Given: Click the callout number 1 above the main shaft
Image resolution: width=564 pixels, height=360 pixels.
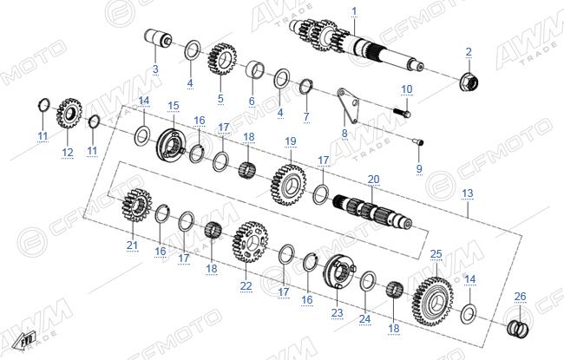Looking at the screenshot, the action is (x=354, y=11).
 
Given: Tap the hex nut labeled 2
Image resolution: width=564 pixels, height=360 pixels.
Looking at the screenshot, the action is (x=469, y=82).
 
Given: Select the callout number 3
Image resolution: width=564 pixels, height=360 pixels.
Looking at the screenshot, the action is (x=155, y=69).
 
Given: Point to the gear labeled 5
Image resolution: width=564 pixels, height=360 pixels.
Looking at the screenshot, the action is (x=222, y=59).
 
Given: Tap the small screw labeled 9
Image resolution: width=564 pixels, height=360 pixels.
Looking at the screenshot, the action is (x=419, y=142).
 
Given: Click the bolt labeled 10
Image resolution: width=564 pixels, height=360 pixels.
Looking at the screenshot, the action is (x=402, y=113).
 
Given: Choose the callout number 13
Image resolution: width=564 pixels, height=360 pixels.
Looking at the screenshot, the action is (x=467, y=193).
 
